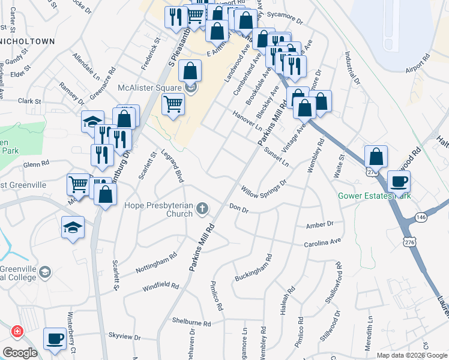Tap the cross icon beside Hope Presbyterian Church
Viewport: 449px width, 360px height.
(203, 208)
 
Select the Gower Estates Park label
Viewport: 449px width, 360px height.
(375, 196)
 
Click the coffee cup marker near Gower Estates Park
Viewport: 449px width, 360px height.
(399, 181)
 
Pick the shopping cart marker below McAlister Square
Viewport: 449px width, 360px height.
(173, 104)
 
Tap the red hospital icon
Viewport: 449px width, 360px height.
(17, 331)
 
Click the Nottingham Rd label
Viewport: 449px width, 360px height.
(156, 262)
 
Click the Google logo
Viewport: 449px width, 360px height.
(20, 352)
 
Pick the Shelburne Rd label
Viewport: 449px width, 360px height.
(191, 323)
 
